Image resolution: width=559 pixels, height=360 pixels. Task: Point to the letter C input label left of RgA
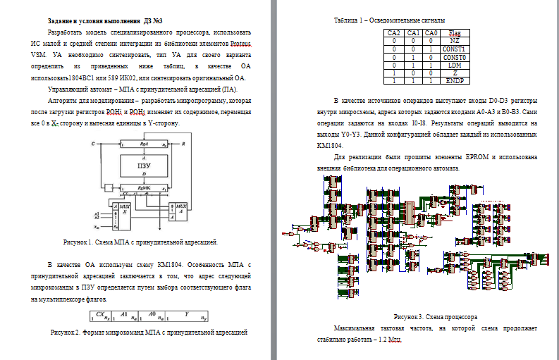94,143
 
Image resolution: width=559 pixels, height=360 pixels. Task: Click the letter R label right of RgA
184,143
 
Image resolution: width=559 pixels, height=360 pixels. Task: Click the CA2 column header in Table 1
394,33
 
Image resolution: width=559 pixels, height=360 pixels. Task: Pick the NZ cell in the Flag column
455,41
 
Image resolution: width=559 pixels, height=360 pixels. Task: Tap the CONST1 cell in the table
455,49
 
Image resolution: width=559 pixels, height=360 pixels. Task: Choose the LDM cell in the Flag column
455,64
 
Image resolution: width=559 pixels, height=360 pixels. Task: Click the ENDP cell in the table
455,80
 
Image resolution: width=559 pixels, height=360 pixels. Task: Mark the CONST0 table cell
455,56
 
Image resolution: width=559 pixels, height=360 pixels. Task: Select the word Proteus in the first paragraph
239,44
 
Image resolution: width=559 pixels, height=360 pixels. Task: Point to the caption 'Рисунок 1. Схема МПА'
140,242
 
